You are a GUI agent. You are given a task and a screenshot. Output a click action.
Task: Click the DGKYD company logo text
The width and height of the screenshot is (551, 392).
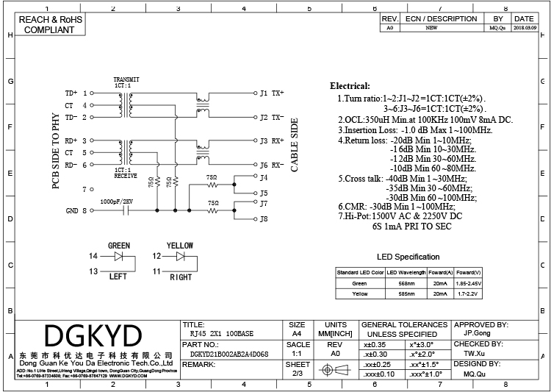point(94,336)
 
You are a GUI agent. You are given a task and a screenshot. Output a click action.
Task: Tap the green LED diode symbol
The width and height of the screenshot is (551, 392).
point(119,257)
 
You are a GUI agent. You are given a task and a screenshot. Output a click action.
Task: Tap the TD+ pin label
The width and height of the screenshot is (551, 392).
point(71,93)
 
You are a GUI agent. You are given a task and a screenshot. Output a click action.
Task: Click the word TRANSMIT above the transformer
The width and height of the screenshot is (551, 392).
point(127,79)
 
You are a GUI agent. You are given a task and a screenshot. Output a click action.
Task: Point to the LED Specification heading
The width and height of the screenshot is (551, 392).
point(408,257)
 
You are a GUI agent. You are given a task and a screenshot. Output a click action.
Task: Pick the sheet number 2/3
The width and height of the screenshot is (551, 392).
point(298,374)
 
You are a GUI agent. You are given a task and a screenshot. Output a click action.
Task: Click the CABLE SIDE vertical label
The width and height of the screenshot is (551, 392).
point(295,145)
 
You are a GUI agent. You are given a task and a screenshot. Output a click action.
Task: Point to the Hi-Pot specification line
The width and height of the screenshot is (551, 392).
point(402,217)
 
